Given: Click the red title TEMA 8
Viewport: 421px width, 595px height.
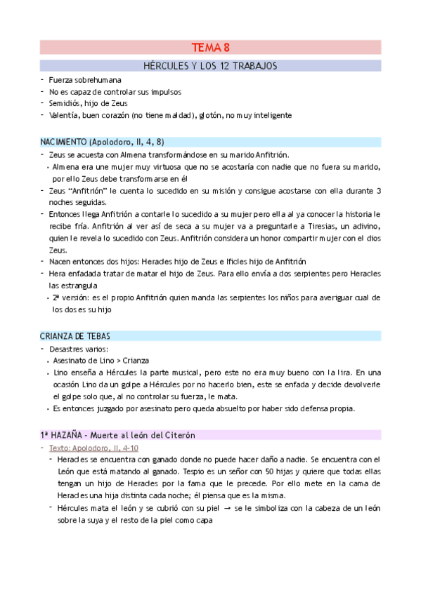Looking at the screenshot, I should [x=211, y=48].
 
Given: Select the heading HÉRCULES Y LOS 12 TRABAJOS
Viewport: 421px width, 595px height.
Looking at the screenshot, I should [x=211, y=66].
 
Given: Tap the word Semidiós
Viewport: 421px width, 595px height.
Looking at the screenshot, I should [x=65, y=103].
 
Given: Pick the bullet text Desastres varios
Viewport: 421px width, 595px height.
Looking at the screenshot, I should [x=79, y=348].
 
